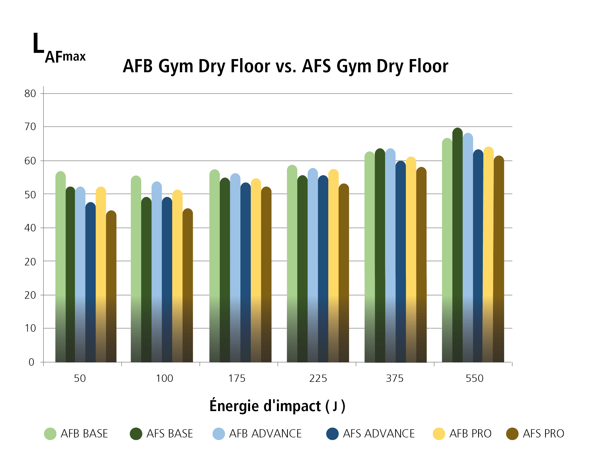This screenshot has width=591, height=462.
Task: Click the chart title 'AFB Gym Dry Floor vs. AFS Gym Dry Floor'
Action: [286, 66]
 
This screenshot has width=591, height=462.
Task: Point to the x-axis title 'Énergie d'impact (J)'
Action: [277, 406]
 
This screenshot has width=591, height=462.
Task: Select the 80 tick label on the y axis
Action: [30, 93]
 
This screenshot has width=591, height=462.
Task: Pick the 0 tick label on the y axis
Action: [32, 362]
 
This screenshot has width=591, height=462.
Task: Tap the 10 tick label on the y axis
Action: [30, 328]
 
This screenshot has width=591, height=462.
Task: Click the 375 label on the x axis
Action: [394, 378]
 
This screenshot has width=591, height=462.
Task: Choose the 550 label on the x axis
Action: [474, 378]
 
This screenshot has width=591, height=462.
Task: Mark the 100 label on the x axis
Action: [164, 378]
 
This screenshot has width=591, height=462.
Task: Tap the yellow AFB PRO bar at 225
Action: [333, 266]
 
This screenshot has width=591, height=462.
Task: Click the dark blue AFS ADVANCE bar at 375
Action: [400, 262]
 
